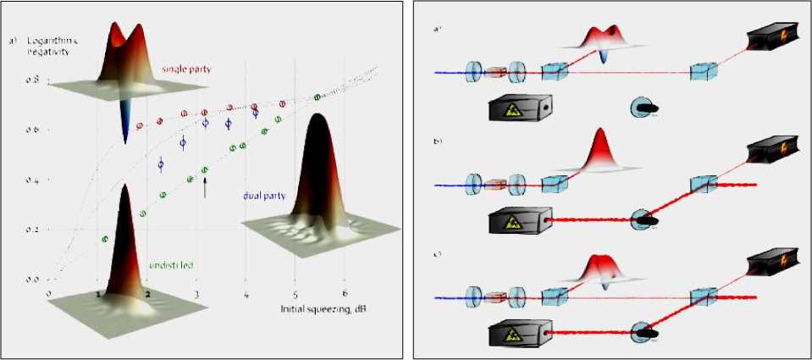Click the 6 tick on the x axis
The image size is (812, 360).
coord(344,293)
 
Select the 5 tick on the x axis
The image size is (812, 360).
coord(295,293)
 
